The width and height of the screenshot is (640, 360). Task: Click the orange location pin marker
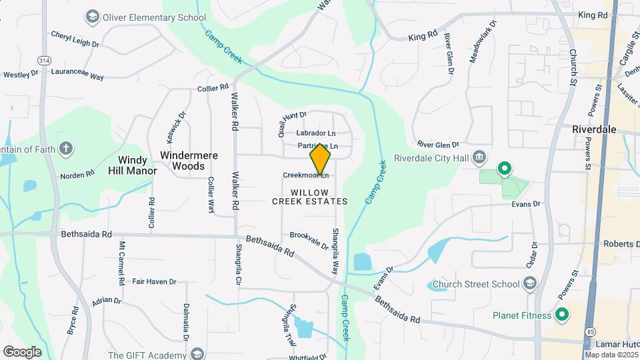(320, 159)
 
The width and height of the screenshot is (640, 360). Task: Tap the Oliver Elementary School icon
(93, 15)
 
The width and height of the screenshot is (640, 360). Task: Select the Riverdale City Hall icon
(479, 158)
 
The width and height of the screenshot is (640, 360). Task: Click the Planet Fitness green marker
(561, 315)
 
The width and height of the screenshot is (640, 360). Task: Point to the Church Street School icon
(529, 285)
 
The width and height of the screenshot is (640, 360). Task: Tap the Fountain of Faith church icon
(65, 148)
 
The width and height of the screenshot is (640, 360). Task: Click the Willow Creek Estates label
(310, 197)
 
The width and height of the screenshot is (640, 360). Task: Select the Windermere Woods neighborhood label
(189, 160)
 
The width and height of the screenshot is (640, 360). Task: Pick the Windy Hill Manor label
(133, 165)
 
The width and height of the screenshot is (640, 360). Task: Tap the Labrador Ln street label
(316, 133)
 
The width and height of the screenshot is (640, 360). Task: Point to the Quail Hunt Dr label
(291, 122)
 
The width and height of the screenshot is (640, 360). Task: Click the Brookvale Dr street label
(309, 241)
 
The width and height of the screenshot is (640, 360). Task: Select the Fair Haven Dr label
(154, 282)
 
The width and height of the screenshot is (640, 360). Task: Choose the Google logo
(22, 351)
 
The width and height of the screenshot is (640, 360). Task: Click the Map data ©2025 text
(611, 354)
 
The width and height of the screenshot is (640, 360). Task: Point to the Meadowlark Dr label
(483, 42)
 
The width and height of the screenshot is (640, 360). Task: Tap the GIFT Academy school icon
(196, 353)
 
